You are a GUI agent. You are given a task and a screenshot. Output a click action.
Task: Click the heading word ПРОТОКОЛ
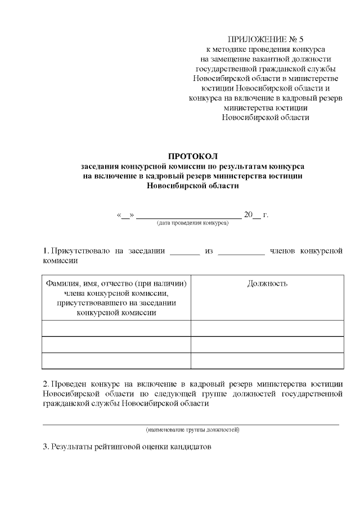tap(192, 155)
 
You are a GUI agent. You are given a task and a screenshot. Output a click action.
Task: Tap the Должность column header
tap(267, 283)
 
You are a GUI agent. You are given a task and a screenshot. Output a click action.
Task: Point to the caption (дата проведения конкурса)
tap(192, 223)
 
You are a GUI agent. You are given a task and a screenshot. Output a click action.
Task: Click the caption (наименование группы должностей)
tap(192, 430)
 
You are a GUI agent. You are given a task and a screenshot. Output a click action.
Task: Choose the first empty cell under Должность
tap(267, 328)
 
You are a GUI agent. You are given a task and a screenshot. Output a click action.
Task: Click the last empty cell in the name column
tap(116, 360)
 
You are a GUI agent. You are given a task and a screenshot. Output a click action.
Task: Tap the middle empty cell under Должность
tap(267, 344)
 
